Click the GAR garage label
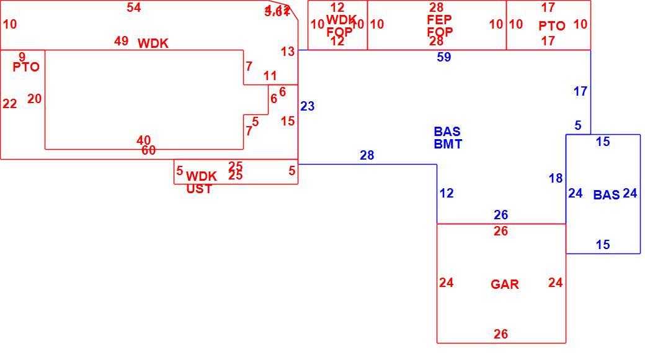(x=504, y=284)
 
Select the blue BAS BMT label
(x=447, y=138)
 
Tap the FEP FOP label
(x=440, y=25)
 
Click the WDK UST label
(x=200, y=183)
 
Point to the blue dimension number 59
(x=443, y=57)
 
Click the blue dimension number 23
(x=308, y=106)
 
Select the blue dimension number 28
(x=367, y=155)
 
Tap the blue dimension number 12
(x=447, y=193)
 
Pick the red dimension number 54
(x=134, y=7)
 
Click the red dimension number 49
(x=122, y=41)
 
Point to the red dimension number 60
(x=149, y=150)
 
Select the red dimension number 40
(x=144, y=140)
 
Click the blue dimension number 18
(x=556, y=178)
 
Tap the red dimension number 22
(x=10, y=104)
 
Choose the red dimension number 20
(x=35, y=98)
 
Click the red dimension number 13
(x=288, y=52)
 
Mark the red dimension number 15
(x=288, y=121)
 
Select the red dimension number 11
(x=270, y=76)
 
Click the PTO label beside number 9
(x=26, y=67)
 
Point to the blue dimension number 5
(x=578, y=125)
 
